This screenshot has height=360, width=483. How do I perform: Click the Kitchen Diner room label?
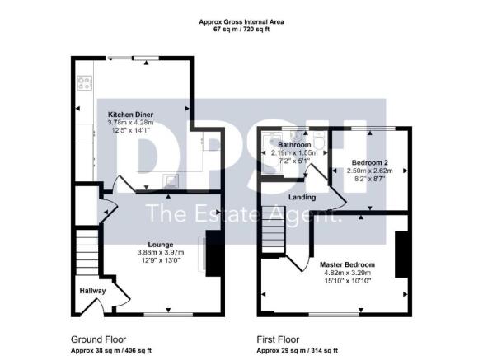click(130, 114)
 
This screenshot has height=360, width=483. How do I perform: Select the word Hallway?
click(92, 291)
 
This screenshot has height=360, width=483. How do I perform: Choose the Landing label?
click(302, 198)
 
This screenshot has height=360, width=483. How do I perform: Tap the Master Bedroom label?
click(347, 264)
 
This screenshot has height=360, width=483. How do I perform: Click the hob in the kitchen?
click(84, 83)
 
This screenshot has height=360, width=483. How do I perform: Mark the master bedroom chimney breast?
click(401, 255)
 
